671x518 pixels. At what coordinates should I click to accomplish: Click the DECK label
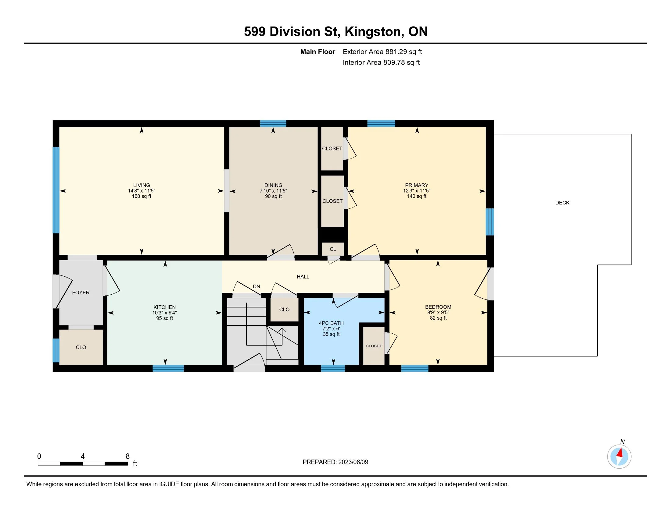(x=562, y=203)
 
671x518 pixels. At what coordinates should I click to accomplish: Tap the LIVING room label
(x=142, y=185)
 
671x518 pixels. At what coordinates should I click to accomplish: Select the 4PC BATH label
(x=331, y=323)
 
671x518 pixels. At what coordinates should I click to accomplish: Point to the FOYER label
(x=81, y=293)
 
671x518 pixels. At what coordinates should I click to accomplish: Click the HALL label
(x=303, y=276)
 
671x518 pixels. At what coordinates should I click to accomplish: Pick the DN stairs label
(x=257, y=286)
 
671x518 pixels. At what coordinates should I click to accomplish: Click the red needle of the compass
(x=620, y=452)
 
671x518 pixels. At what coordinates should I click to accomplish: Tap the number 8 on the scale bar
(x=127, y=456)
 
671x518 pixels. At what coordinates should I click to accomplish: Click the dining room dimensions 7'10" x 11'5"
(x=274, y=190)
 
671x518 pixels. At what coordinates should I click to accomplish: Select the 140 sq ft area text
(x=417, y=196)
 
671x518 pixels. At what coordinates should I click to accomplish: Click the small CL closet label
(x=333, y=249)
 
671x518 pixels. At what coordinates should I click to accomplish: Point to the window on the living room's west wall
(x=56, y=190)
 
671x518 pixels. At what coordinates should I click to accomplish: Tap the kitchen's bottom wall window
(x=168, y=368)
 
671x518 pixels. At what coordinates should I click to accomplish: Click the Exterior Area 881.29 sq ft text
(x=382, y=51)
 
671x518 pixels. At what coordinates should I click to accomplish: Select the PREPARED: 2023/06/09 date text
(x=335, y=462)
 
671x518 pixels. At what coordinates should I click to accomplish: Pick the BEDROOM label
(x=438, y=307)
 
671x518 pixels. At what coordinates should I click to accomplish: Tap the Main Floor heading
(x=318, y=51)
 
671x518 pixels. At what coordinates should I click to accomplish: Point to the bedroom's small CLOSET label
(x=374, y=346)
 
